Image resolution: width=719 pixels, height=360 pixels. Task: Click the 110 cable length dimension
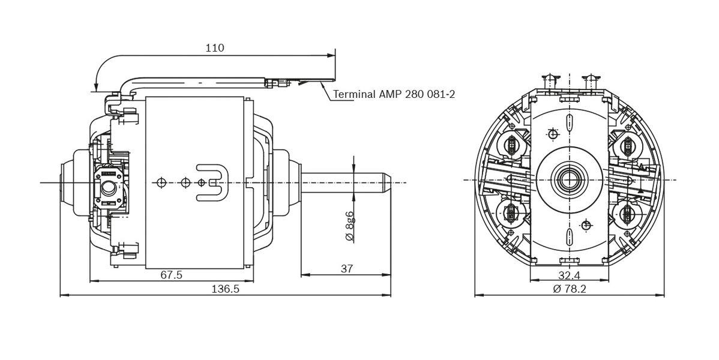[x=214, y=48]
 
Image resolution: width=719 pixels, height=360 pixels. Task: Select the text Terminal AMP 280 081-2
[x=393, y=94]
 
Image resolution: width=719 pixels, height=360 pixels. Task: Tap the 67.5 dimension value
[x=172, y=275]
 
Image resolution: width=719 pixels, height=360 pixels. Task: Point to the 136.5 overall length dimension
[x=225, y=289]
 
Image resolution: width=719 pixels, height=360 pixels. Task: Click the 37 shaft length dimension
[x=346, y=269]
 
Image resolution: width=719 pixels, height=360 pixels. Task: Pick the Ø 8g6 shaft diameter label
[x=349, y=226]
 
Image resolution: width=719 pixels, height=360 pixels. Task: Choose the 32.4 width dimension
[x=568, y=275]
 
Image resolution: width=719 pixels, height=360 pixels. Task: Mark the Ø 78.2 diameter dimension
[x=569, y=289]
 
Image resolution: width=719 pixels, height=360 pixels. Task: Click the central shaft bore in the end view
[x=568, y=179]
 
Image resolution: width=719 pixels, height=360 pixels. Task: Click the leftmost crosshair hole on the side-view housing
[x=160, y=182]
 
